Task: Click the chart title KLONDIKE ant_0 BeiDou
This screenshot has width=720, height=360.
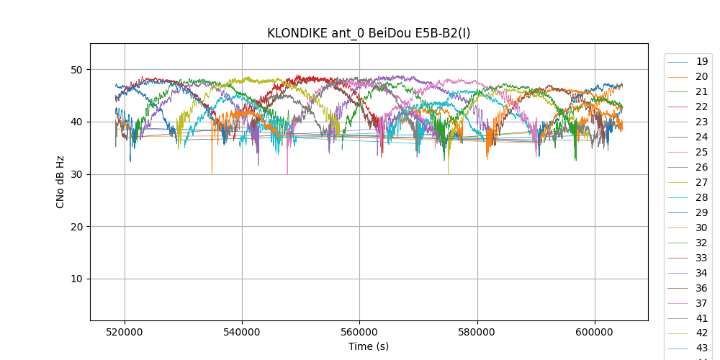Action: click(x=369, y=33)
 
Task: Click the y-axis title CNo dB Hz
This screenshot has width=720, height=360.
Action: click(x=60, y=182)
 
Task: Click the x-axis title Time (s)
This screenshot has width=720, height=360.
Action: click(x=369, y=346)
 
